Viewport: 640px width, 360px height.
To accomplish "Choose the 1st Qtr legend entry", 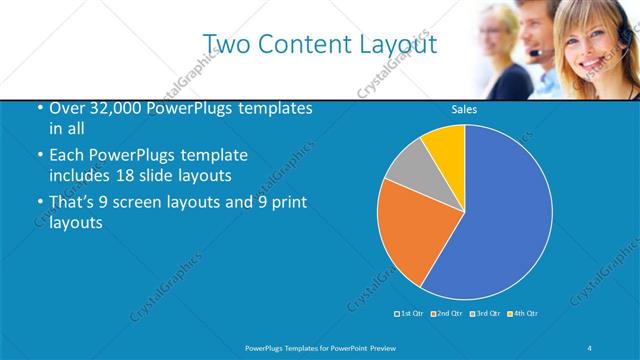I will coord(409,314).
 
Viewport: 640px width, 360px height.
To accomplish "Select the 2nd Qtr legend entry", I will coord(446,314).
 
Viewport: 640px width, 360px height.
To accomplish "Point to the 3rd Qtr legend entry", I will coord(484,314).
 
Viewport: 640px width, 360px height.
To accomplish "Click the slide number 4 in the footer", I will coord(590,347).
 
